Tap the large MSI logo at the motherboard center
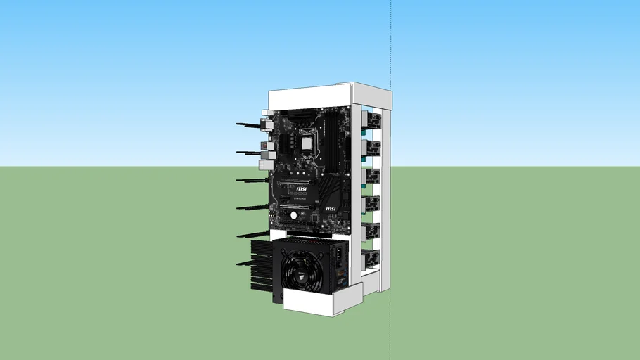tap(300, 189)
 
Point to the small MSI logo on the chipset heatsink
tap(330, 209)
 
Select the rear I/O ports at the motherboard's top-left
tap(267, 141)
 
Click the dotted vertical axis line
tap(391, 42)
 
